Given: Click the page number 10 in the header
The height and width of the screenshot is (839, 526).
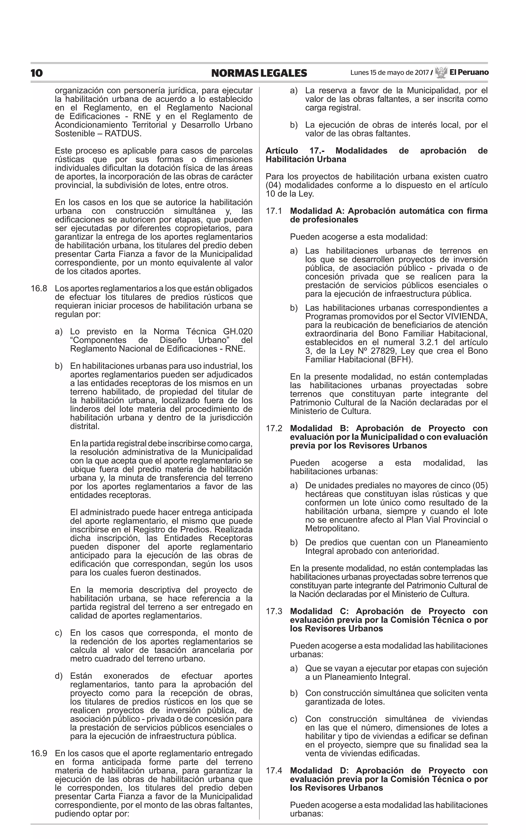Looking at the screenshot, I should pyautogui.click(x=36, y=73).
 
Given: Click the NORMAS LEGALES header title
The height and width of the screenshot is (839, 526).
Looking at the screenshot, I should pyautogui.click(x=259, y=73).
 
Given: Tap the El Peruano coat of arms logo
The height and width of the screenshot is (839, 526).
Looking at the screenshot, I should pyautogui.click(x=441, y=72).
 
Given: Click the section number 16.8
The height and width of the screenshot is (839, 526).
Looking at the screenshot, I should pyautogui.click(x=39, y=289).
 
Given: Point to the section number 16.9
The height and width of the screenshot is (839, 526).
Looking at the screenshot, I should pyautogui.click(x=39, y=753).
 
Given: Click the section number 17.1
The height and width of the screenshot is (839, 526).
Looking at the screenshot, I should pyautogui.click(x=274, y=211).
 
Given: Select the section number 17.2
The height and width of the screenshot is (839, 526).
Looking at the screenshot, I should pyautogui.click(x=274, y=428).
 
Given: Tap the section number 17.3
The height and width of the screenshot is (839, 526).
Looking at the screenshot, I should pyautogui.click(x=274, y=611).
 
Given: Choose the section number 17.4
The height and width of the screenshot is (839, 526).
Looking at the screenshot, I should pyautogui.click(x=274, y=770).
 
